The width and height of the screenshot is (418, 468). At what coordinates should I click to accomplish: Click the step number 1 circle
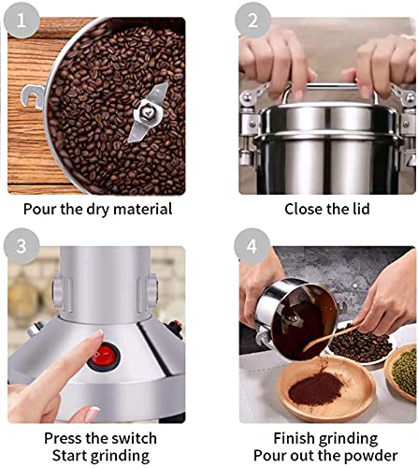click(22, 20)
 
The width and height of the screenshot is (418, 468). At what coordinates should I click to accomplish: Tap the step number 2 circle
click(252, 20)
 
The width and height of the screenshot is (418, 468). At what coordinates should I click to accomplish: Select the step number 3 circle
click(22, 246)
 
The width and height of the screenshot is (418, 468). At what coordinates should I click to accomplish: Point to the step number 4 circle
click(252, 246)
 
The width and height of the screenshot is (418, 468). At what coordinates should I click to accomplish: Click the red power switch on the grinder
click(104, 357)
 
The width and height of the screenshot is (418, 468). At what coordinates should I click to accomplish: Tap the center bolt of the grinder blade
click(147, 111)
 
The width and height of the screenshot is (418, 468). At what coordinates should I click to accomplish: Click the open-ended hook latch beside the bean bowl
click(33, 96)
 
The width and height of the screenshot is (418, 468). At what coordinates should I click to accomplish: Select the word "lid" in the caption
click(361, 209)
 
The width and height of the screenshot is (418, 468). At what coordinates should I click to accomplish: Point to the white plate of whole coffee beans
click(363, 344)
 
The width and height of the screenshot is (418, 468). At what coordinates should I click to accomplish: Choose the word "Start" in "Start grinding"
click(69, 456)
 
